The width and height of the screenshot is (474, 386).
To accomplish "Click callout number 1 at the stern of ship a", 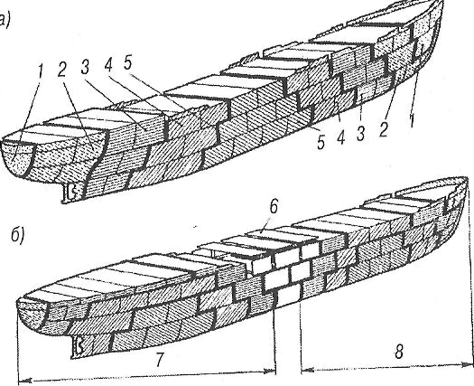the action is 40,72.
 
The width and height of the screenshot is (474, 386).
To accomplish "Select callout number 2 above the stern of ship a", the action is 62,71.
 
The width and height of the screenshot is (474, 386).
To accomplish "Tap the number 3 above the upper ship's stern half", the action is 85,67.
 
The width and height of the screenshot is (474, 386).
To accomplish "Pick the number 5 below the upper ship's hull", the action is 321,142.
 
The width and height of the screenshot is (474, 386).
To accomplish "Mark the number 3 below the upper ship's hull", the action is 360,133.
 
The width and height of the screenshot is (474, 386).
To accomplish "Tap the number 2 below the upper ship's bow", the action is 383,129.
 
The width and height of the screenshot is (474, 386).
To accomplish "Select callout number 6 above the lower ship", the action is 274,206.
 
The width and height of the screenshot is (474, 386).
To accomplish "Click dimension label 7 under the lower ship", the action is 159,359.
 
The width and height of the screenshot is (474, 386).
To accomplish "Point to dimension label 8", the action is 399,352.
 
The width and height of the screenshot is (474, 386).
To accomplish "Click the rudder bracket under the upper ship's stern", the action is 70,193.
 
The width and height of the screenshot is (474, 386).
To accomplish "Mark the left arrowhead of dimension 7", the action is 24,380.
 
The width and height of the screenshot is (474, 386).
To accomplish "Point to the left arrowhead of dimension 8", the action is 308,370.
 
